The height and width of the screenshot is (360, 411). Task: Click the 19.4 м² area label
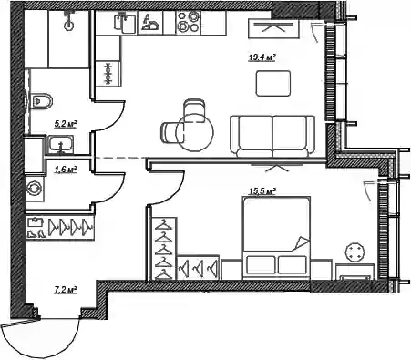(x=262, y=57)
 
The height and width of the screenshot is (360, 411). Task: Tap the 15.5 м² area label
(x=262, y=191)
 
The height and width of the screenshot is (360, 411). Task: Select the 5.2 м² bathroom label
(x=65, y=124)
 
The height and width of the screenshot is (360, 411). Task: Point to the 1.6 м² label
(x=65, y=170)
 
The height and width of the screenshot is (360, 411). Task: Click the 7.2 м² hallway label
(x=65, y=290)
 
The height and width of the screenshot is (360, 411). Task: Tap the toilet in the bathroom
(x=41, y=101)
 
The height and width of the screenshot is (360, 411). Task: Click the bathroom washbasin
(x=61, y=145)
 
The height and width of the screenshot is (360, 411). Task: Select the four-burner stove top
(x=189, y=22)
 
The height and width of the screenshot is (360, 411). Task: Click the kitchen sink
(x=124, y=23)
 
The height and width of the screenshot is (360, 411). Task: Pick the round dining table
(x=195, y=132)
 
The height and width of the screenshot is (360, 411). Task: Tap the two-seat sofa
(x=272, y=136)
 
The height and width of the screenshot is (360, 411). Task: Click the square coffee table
(x=273, y=83)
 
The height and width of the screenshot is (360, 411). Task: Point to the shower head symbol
(x=69, y=21)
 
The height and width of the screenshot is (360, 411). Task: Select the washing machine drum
(x=34, y=189)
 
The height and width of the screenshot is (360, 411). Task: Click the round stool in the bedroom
(x=354, y=252)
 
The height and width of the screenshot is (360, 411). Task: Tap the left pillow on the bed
(x=261, y=264)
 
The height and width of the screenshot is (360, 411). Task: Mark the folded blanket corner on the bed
(x=302, y=243)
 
